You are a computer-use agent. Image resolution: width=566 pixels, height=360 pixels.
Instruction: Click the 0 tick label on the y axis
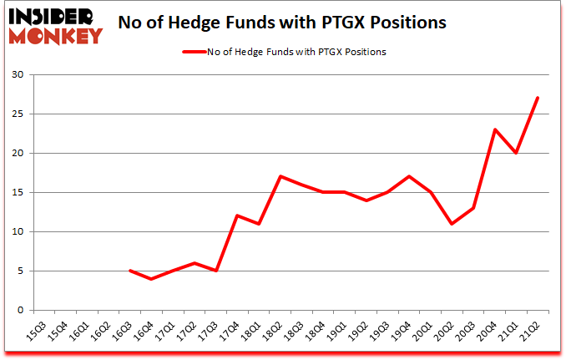pos(19,311)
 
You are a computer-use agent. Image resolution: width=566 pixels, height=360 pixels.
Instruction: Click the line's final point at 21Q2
pos(537,98)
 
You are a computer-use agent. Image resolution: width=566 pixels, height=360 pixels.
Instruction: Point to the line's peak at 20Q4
pos(495,129)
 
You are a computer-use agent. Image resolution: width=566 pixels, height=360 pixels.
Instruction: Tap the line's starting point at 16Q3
pos(129,271)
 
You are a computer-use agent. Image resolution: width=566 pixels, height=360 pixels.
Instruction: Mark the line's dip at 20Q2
pos(452,224)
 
